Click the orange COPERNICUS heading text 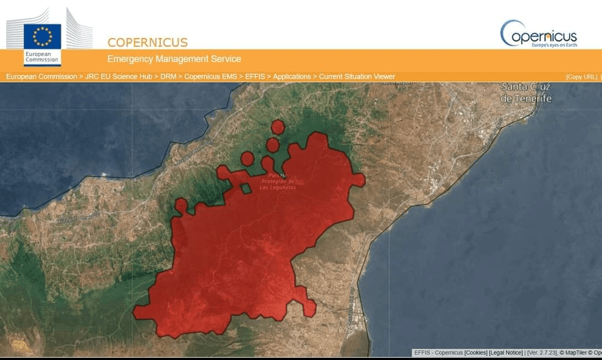click(147, 42)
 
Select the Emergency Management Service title click(174, 59)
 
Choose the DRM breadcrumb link click(168, 77)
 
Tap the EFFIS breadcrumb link click(255, 77)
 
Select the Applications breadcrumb click(292, 77)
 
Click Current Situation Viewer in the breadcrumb click(357, 77)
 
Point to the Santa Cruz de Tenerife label click(526, 93)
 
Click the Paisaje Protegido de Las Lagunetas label click(278, 182)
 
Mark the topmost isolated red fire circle click(277, 127)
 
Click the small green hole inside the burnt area click(246, 188)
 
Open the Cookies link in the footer click(476, 353)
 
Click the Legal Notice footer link click(505, 353)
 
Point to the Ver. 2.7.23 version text click(542, 353)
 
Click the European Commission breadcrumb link click(41, 77)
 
